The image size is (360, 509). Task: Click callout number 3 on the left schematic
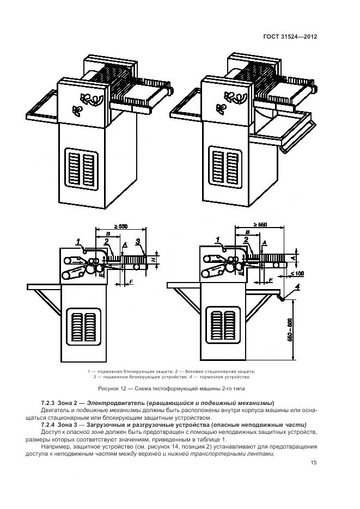pos(139,241)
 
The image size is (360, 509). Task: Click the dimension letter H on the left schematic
pos(154,261)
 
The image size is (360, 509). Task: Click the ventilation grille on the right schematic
pos(224,328)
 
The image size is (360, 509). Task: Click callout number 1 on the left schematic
pos(79,241)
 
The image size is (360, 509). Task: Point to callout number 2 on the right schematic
pos(246,240)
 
